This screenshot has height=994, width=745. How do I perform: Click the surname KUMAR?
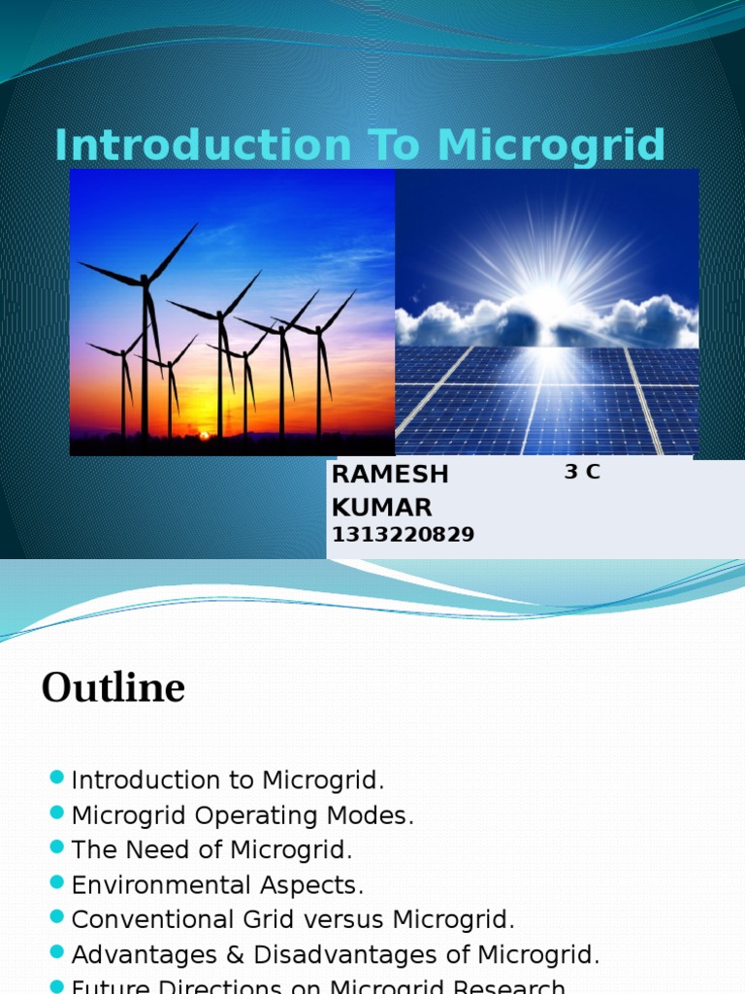(x=381, y=508)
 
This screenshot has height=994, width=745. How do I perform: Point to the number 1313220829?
(x=403, y=535)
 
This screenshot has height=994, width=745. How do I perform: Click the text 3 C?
(x=582, y=473)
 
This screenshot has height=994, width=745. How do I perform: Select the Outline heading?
(x=113, y=688)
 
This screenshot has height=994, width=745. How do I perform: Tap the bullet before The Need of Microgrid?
(x=55, y=847)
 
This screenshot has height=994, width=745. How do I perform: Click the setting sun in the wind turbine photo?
(x=204, y=436)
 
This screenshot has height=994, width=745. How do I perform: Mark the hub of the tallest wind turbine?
(x=146, y=281)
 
